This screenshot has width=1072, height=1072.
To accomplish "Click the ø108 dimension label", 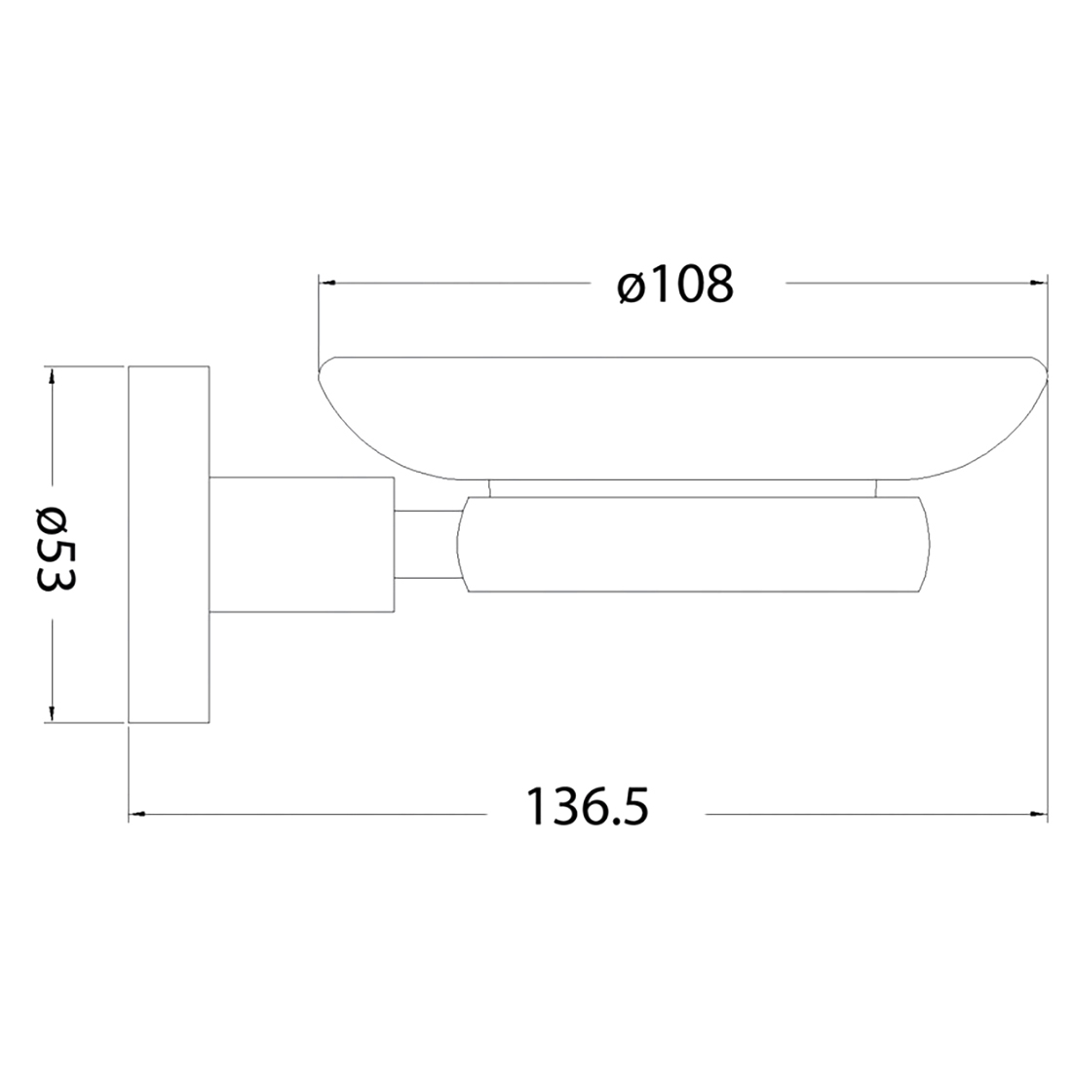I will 674,284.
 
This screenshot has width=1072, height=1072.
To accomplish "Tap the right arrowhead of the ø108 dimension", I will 1039,284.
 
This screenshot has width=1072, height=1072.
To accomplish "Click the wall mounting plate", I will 170,546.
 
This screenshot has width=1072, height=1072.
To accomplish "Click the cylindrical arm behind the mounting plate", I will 302,546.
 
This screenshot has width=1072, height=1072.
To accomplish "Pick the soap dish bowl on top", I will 682,419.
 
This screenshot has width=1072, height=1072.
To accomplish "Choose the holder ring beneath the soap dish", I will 692,546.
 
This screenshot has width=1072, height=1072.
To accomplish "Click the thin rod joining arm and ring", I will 424,546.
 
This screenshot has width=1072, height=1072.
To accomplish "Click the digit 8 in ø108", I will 715,284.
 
